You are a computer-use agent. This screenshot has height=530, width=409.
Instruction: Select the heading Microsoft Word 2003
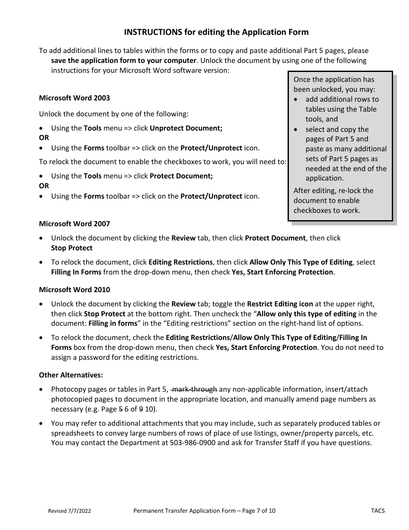(74, 98)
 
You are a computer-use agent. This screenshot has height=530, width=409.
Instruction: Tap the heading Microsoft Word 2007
(74, 224)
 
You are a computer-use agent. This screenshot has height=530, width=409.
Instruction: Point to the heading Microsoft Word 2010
(74, 290)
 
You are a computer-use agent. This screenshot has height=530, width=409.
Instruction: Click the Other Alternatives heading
(71, 375)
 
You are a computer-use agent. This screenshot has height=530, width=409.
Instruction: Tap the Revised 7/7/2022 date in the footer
(69, 511)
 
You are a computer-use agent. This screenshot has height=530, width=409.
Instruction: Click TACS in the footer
(378, 511)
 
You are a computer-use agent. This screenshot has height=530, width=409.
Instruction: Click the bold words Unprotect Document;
(186, 128)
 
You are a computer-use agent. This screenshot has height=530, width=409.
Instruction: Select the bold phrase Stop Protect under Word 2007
(71, 248)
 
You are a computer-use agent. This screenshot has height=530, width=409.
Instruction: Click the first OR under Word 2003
(44, 138)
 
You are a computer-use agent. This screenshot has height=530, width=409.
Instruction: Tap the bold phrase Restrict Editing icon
(280, 304)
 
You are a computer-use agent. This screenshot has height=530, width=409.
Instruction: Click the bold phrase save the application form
(108, 60)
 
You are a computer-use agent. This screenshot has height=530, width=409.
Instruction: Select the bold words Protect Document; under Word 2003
(181, 176)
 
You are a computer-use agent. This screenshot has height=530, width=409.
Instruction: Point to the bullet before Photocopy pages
(41, 390)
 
